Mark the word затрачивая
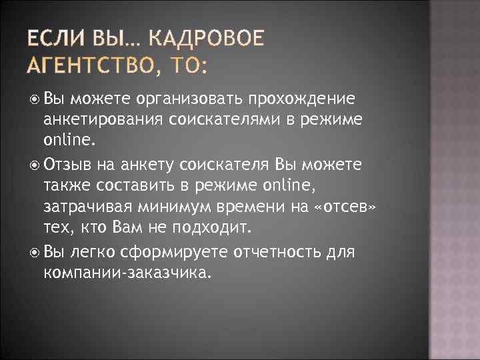click(x=87, y=207)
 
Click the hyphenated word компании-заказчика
click(x=127, y=273)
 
